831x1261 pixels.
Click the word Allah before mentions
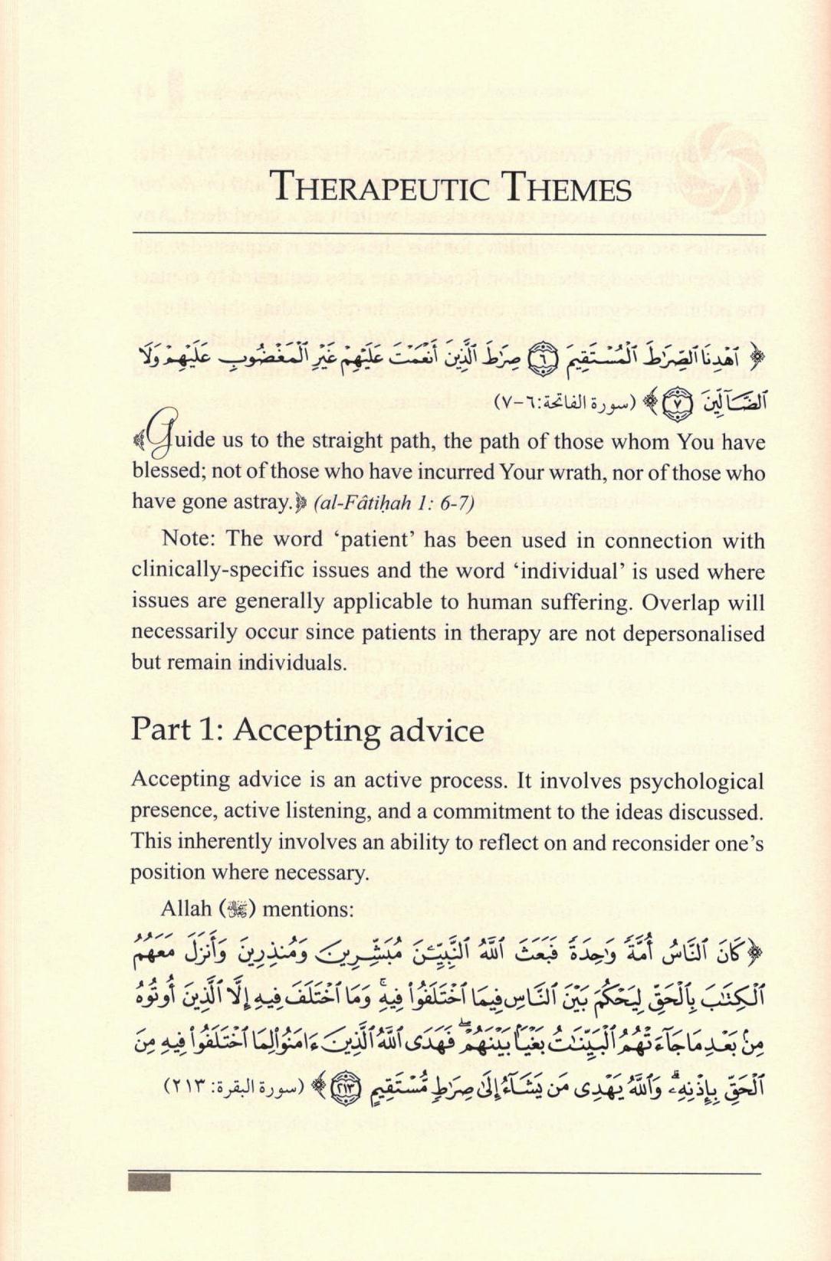(x=186, y=909)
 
